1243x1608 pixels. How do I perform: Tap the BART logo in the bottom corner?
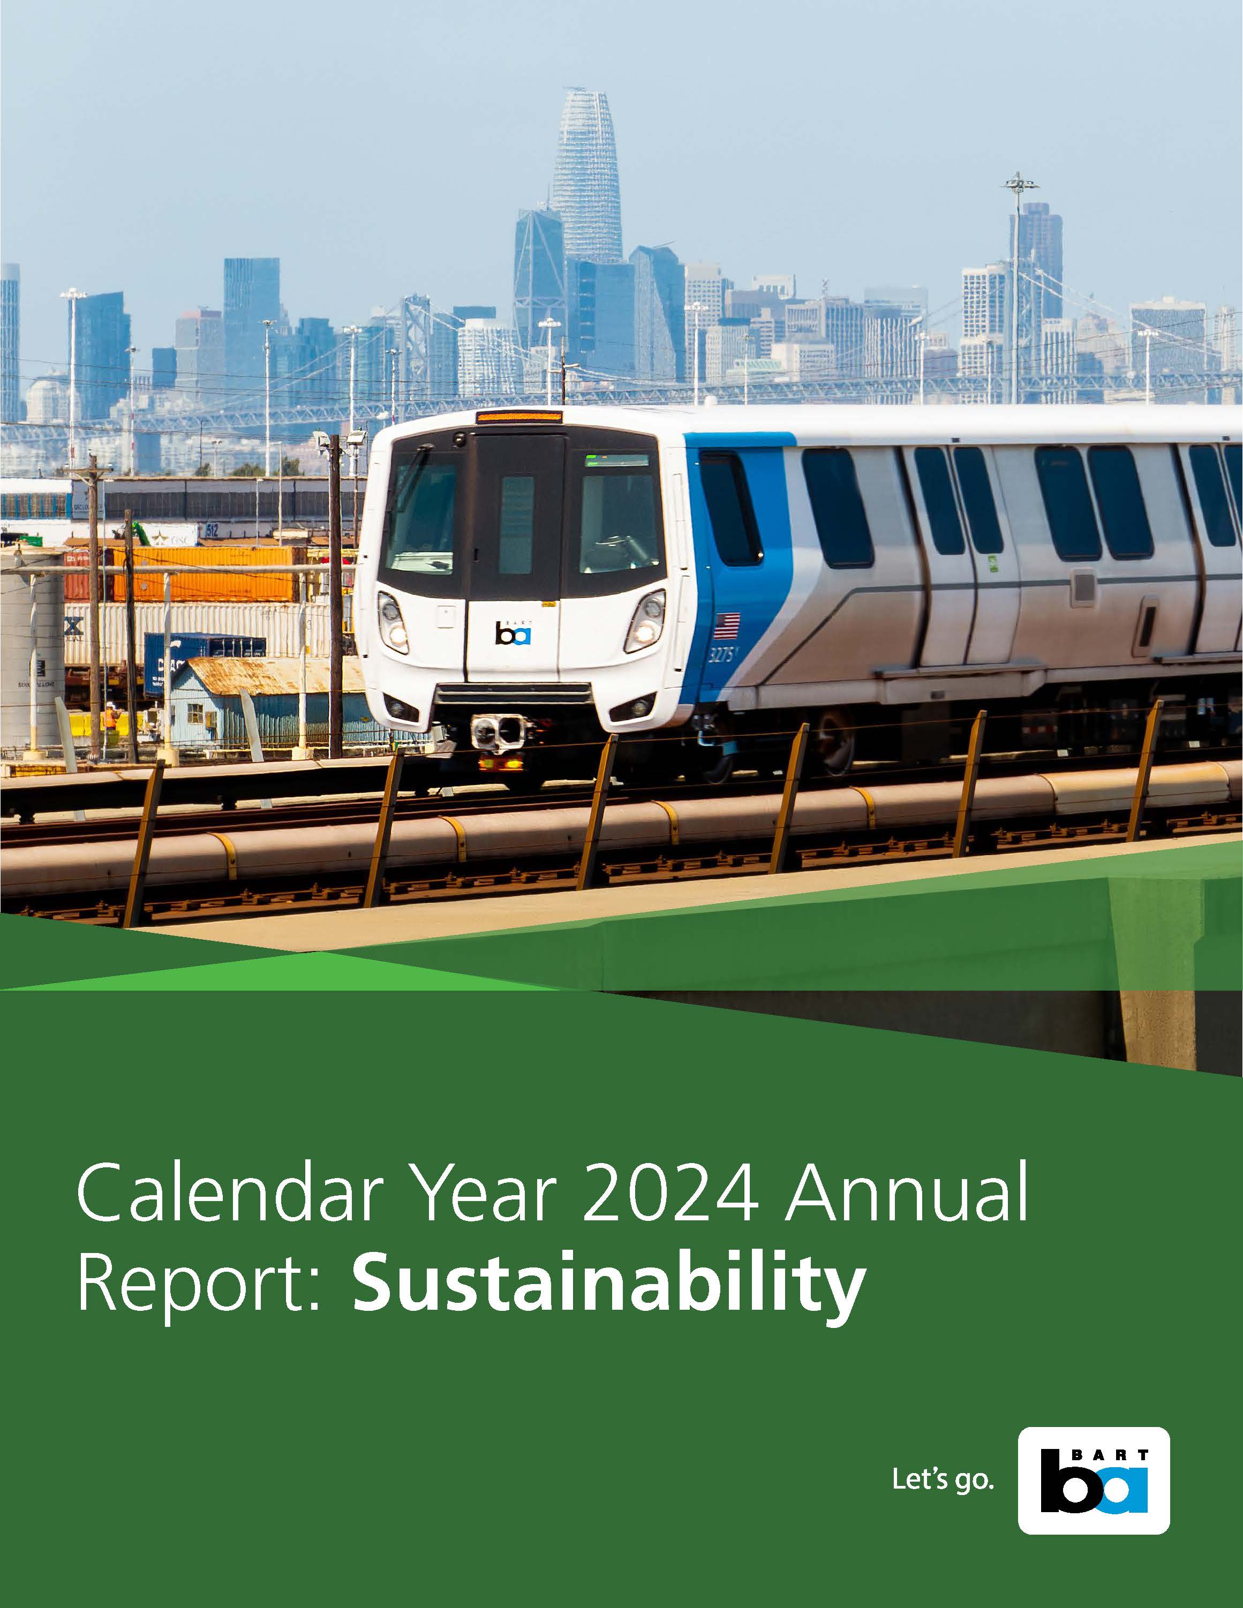[1094, 1481]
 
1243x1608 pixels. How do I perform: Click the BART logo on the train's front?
[513, 632]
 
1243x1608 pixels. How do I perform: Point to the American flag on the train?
[727, 625]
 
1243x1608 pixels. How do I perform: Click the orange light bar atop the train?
[519, 417]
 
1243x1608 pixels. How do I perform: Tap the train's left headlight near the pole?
[393, 622]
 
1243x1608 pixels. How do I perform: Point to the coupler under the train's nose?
[498, 731]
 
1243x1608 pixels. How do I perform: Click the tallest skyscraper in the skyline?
[586, 177]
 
